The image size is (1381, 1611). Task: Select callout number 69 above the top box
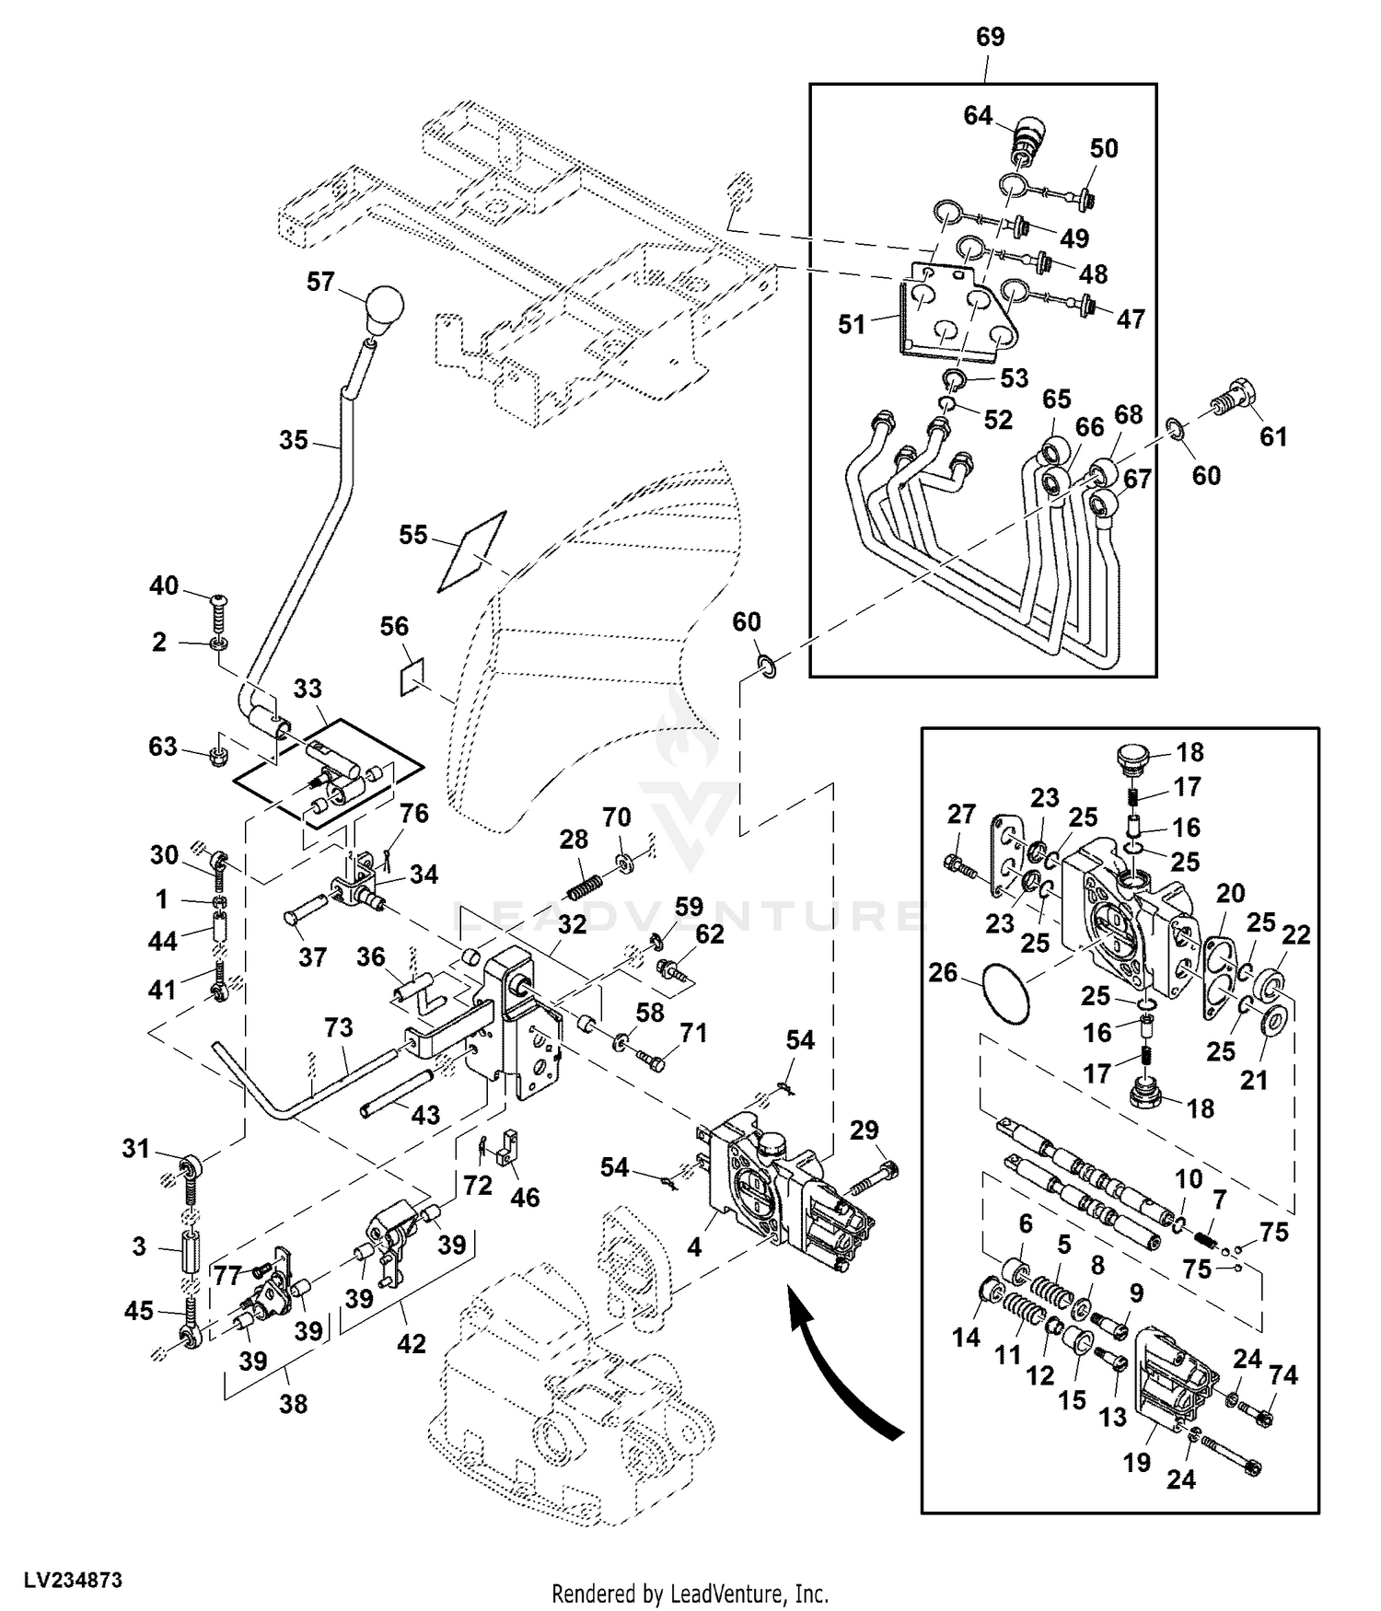990,38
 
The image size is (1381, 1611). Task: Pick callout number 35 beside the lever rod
294,440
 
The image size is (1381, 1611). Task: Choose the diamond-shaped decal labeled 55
472,550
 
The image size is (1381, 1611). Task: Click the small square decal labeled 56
412,675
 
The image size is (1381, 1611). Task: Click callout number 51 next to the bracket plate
852,324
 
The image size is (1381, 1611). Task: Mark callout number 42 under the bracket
411,1343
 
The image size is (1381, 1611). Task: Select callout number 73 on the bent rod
339,1027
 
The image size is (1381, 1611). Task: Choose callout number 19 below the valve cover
1136,1462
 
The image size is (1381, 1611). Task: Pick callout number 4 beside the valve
694,1247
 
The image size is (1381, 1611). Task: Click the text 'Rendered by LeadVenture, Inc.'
690,1594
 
